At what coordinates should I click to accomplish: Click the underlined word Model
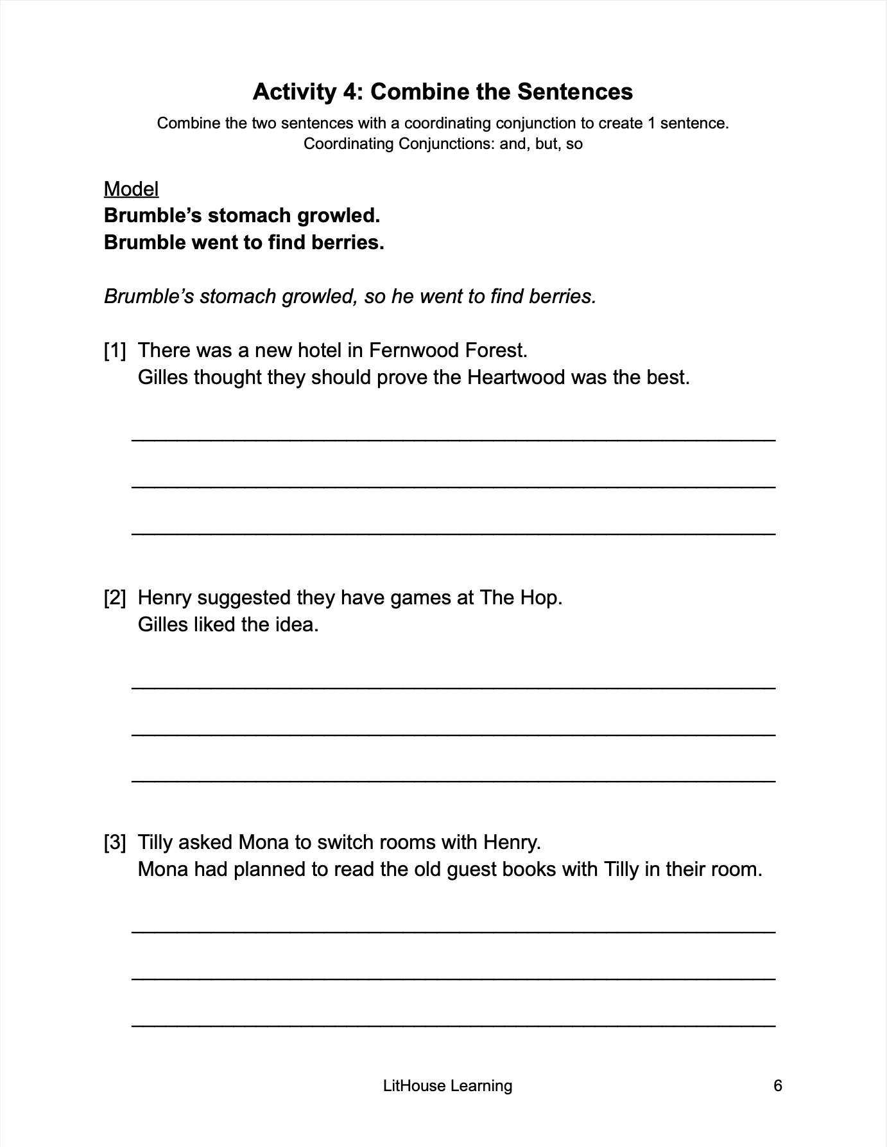(x=131, y=189)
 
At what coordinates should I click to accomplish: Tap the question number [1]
(x=115, y=350)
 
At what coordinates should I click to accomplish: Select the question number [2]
(x=115, y=597)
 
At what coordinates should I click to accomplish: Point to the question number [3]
(x=115, y=842)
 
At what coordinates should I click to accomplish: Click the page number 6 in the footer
(x=778, y=1085)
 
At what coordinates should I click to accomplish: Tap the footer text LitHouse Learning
(x=447, y=1085)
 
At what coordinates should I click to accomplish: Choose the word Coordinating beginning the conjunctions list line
(x=349, y=143)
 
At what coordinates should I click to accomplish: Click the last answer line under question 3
(x=453, y=1024)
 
